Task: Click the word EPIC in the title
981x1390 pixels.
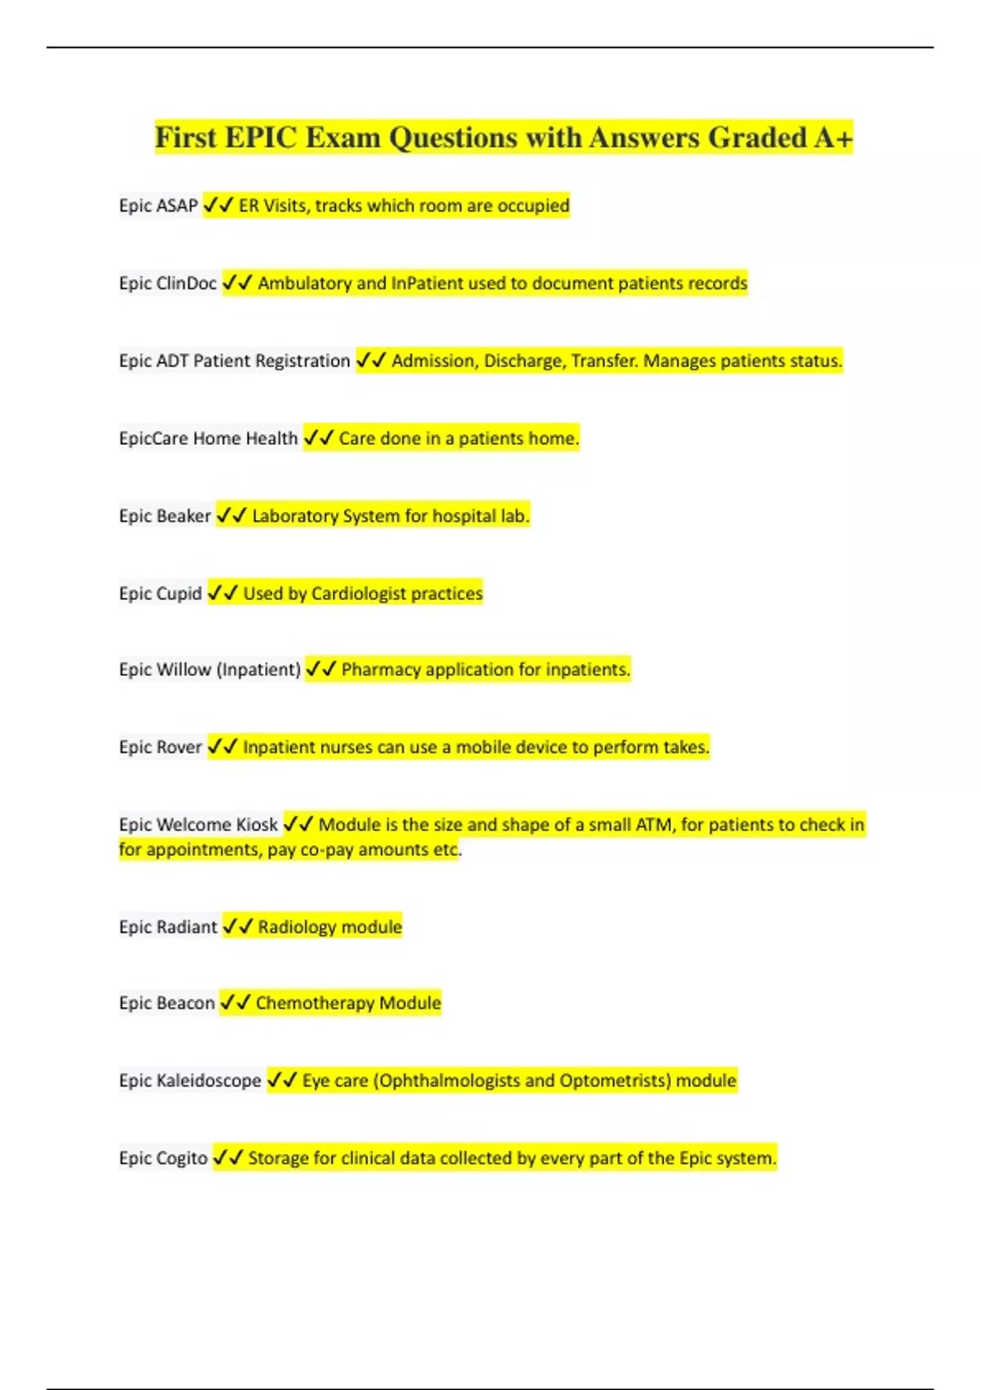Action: point(261,137)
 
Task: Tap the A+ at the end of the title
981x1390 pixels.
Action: point(833,137)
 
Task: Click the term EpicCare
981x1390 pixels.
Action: point(154,438)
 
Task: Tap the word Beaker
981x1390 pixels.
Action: point(184,516)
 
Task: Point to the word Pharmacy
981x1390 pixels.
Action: point(380,670)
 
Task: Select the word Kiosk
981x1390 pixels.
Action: point(257,824)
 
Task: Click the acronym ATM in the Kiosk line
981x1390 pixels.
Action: point(653,824)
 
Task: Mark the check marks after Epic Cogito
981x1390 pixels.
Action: point(228,1158)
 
